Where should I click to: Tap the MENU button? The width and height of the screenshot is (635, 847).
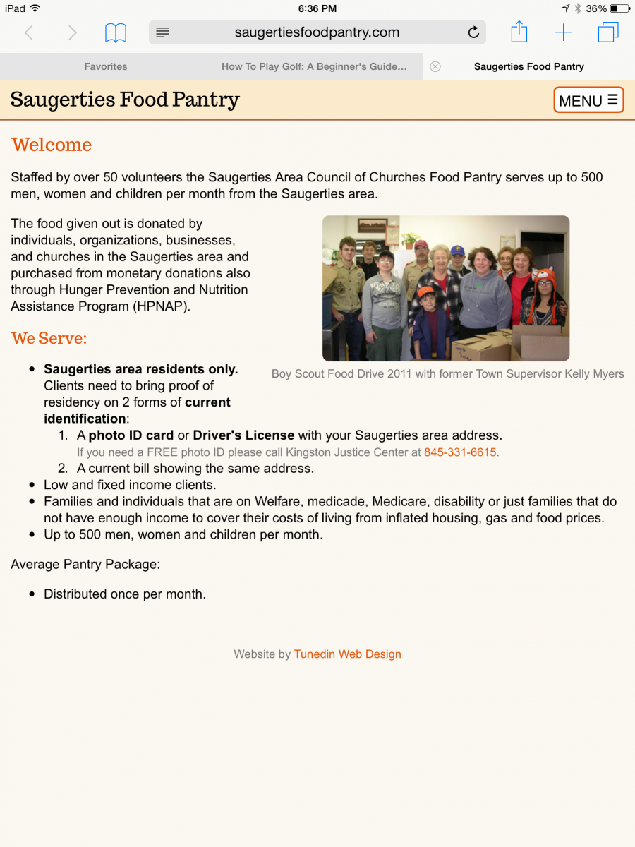point(588,100)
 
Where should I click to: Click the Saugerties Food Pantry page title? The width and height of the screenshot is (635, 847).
point(125,100)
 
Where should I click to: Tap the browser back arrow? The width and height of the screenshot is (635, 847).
point(29,32)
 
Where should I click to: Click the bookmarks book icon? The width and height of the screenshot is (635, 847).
point(116,32)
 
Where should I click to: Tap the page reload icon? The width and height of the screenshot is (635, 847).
point(473,32)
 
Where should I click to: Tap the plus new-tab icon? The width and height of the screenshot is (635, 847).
point(563,32)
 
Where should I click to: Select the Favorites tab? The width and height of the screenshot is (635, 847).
point(106,66)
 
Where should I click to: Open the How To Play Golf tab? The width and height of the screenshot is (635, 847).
point(314,66)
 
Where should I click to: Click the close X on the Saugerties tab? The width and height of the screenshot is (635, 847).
point(435,66)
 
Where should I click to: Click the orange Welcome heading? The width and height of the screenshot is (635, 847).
point(52,145)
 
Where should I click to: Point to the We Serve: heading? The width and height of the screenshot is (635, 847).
point(49,338)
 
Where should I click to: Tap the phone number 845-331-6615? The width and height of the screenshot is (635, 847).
point(460,452)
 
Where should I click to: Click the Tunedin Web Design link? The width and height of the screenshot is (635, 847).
point(347,654)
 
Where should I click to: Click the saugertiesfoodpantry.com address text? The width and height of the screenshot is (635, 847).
point(317,32)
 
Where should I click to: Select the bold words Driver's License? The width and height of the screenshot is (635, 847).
point(243,435)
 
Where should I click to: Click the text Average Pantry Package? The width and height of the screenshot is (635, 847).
point(85,564)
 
